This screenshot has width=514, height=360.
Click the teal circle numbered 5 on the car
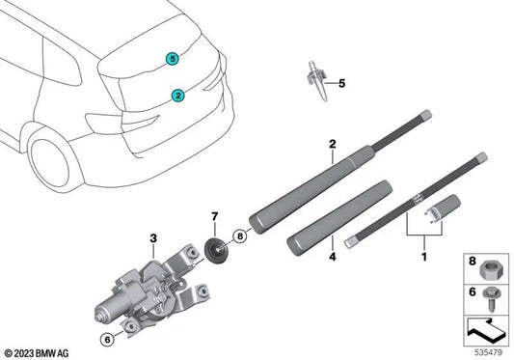172,58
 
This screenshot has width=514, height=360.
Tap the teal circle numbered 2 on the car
177,95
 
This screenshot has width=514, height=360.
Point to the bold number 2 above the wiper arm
332,145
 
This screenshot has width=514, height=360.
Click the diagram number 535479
487,352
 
